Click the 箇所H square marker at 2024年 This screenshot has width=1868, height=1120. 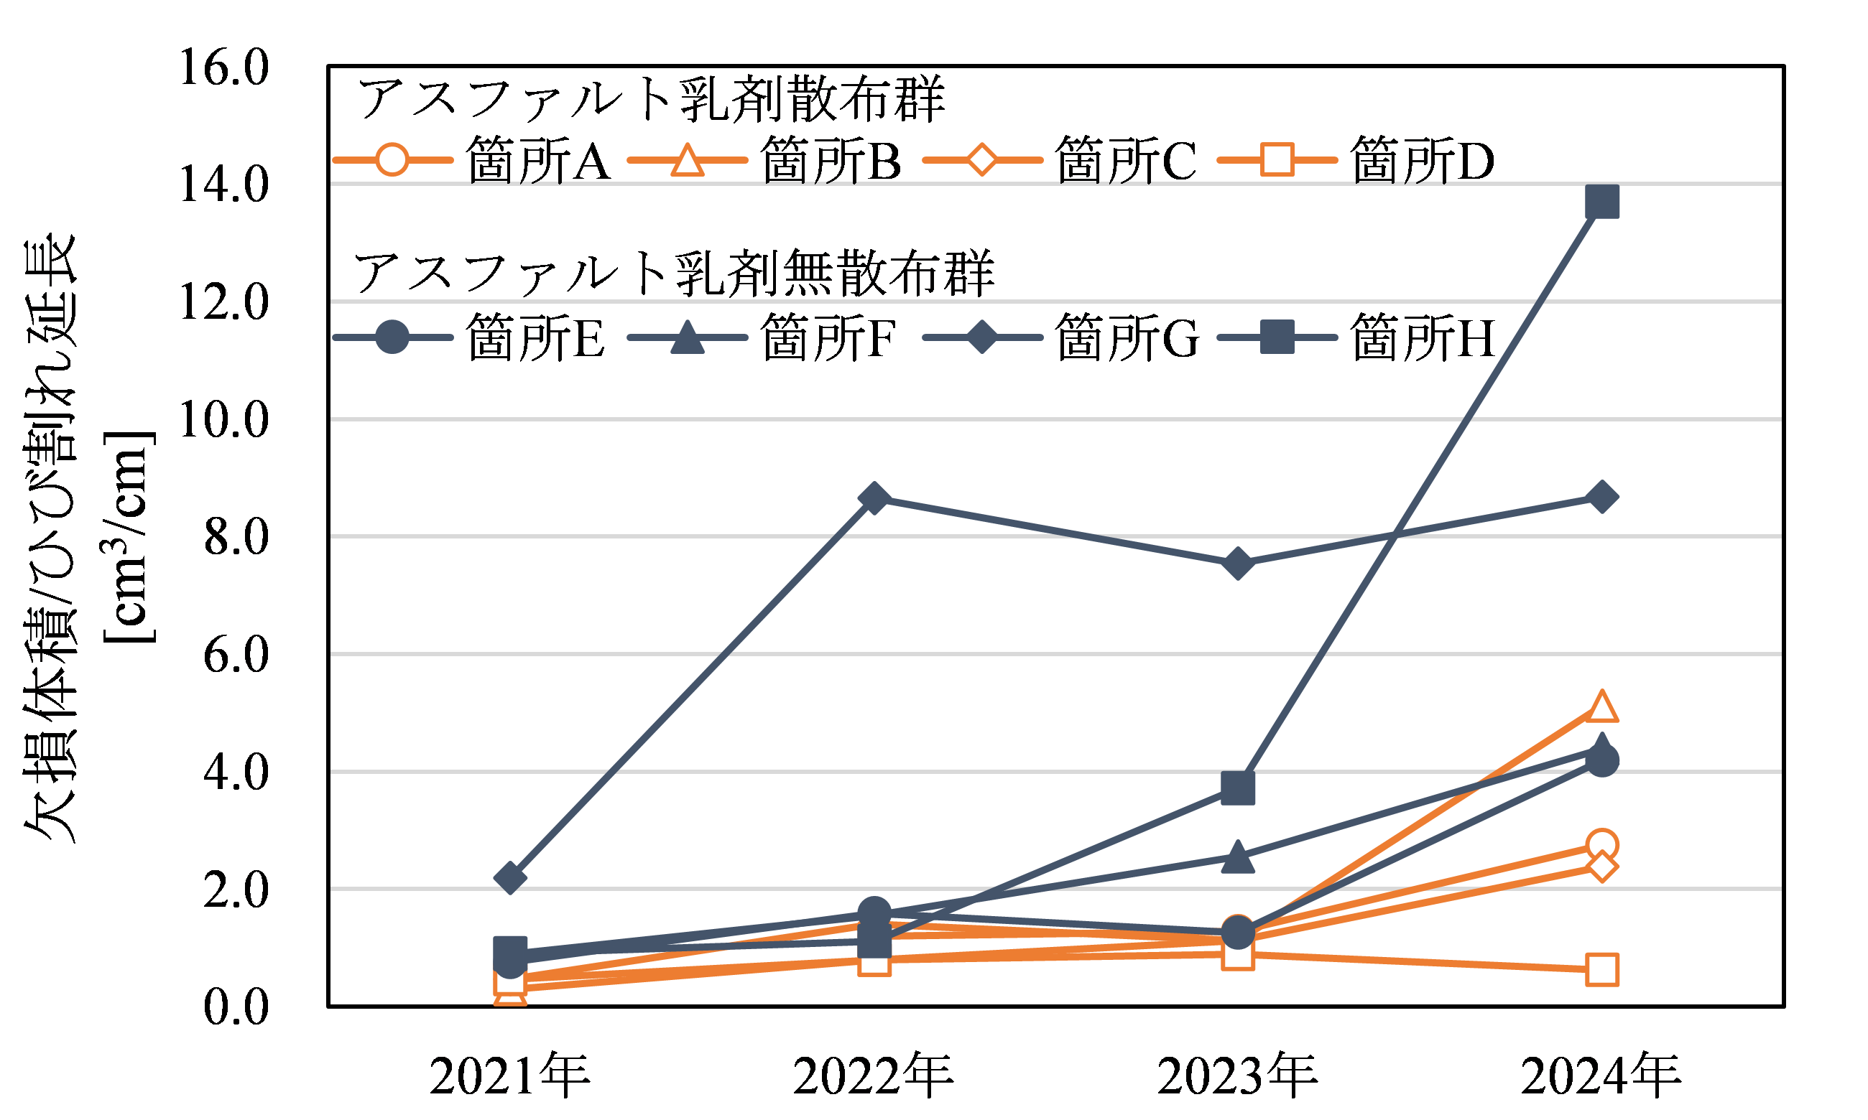(x=1601, y=202)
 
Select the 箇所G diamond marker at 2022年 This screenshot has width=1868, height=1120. (x=874, y=498)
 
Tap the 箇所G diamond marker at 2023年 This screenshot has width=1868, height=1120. (x=1237, y=564)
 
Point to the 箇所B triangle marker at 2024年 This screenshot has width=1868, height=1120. (x=1601, y=707)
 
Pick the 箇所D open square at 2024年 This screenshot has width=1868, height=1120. (x=1601, y=970)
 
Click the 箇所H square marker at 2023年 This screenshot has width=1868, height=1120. (x=1237, y=787)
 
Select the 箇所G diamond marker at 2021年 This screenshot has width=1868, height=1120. (x=510, y=878)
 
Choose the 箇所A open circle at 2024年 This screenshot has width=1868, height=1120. (x=1601, y=844)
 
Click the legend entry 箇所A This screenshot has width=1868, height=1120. (x=472, y=160)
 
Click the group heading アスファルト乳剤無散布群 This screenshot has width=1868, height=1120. (x=673, y=274)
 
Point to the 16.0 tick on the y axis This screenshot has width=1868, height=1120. (x=223, y=67)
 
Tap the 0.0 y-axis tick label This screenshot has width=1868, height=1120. (x=236, y=1007)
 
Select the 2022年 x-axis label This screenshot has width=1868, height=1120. (x=874, y=1075)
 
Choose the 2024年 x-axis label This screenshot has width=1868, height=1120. (x=1601, y=1075)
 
